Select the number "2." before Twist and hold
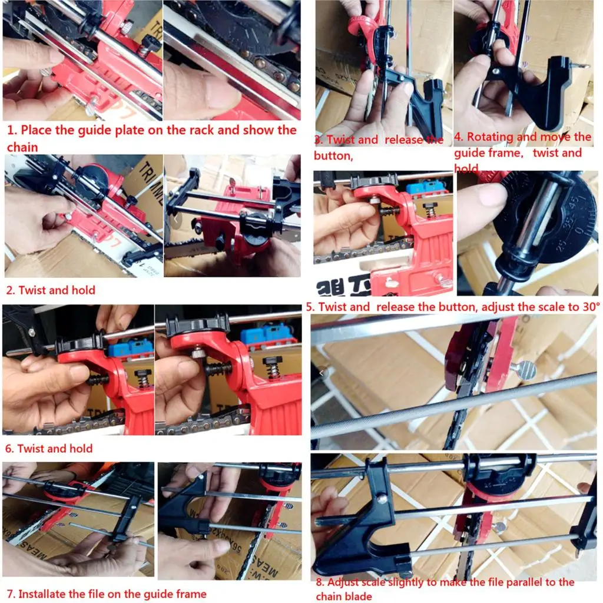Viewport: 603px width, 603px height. click(x=11, y=290)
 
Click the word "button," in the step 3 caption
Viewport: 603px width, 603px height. click(x=333, y=156)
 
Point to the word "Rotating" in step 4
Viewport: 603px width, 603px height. click(x=491, y=137)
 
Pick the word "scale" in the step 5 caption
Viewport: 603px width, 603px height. click(x=545, y=307)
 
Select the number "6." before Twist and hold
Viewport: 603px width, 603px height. click(x=9, y=449)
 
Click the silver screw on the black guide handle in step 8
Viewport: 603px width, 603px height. click(x=383, y=499)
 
